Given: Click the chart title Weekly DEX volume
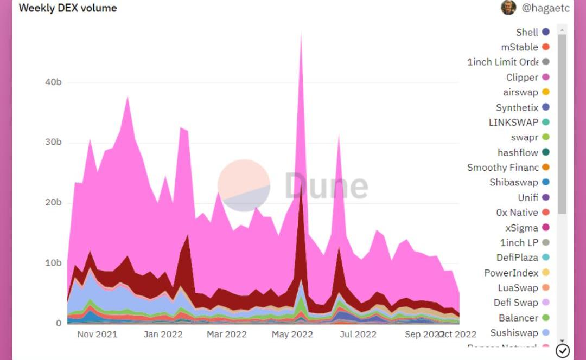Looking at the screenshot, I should (x=68, y=8).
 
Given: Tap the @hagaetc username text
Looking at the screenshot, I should (x=545, y=8).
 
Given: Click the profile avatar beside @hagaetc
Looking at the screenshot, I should (x=508, y=8).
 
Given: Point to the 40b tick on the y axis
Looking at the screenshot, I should (x=53, y=82).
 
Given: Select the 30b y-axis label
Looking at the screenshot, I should (x=53, y=142).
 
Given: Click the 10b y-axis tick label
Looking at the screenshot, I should (x=53, y=263).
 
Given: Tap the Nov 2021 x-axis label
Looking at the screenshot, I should (x=97, y=334).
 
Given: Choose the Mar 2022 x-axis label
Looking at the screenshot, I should (x=227, y=334).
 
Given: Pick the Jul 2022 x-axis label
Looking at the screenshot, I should (x=358, y=334).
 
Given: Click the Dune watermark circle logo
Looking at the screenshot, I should (x=244, y=185).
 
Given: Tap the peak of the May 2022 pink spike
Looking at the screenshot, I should (x=301, y=34).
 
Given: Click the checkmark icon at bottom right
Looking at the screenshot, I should (x=563, y=351).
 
